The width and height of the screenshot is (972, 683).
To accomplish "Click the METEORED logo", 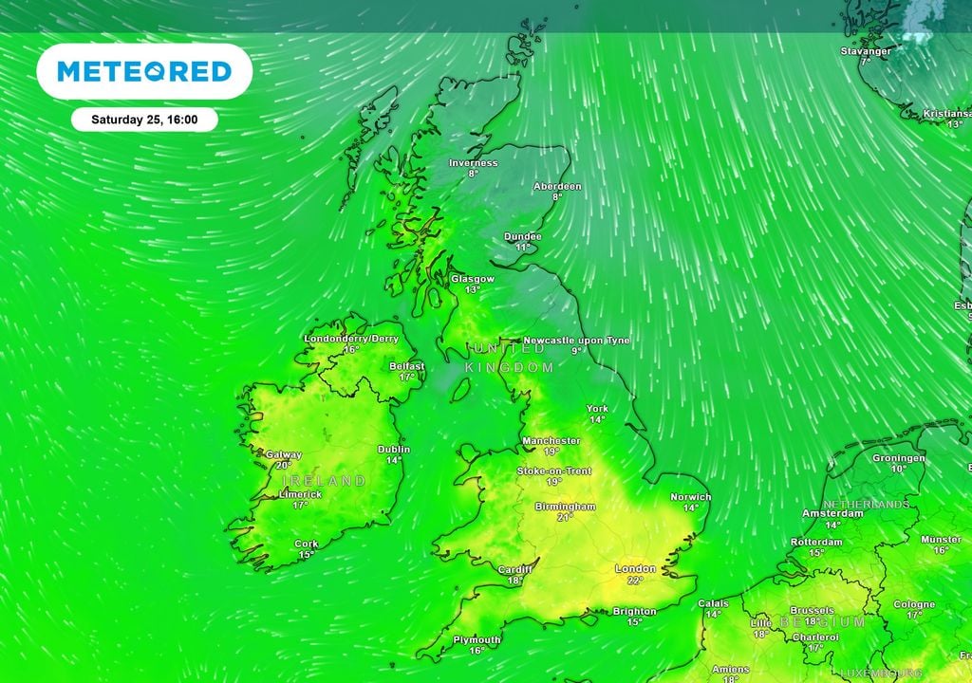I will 144,71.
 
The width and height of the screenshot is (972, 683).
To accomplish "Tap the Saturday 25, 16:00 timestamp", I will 144,120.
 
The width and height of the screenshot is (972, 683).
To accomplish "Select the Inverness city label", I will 473,163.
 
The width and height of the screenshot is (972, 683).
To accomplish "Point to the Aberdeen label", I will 557,186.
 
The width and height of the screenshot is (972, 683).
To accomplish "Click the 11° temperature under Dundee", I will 522,247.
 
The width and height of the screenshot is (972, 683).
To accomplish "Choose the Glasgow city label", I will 472,279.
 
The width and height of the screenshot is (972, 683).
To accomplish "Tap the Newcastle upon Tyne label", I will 576,340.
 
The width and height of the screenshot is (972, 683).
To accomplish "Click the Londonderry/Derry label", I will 351,339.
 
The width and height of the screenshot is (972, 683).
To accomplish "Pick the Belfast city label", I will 407,366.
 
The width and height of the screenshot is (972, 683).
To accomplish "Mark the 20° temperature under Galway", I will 283,466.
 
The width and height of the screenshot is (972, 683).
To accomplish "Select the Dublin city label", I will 394,450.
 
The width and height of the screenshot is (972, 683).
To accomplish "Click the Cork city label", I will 306,545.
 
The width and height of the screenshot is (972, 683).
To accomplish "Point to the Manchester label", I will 551,441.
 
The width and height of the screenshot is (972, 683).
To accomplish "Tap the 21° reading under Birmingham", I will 565,518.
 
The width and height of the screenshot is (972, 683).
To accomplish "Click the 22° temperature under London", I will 635,580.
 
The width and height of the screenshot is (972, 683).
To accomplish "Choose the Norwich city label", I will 690,497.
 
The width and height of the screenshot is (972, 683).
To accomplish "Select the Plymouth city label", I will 477,640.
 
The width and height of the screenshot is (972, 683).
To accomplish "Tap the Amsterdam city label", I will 832,513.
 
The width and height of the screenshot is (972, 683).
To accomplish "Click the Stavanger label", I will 866,51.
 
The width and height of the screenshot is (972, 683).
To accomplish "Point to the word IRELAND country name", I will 324,481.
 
